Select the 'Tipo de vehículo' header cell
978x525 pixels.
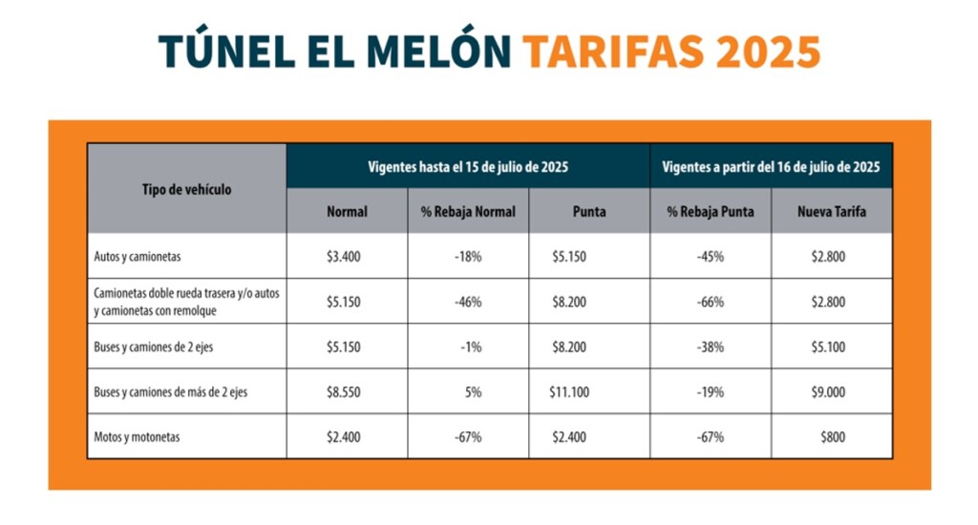pos(186,189)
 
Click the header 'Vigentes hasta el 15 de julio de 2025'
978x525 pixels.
pos(468,166)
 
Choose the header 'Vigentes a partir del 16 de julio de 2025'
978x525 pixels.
pos(771,166)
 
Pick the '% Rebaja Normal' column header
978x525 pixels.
pos(468,212)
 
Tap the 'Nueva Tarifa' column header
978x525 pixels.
pos(832,212)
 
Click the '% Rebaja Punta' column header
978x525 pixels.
pos(711,212)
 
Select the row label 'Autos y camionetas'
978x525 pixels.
pos(138,257)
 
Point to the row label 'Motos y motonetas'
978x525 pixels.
pos(138,437)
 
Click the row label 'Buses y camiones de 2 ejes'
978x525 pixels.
pos(154,346)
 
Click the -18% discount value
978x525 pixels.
pos(468,257)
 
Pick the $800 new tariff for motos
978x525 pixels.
pos(832,437)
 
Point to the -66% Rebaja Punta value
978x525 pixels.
pos(711,302)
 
